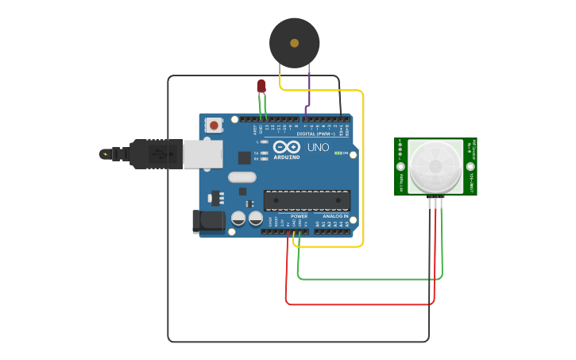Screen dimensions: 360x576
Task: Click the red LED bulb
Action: click(x=261, y=86)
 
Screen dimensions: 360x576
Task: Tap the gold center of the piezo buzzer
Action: click(x=295, y=43)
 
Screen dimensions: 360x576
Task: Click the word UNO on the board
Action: click(x=318, y=147)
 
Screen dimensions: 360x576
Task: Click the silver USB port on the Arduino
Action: click(x=203, y=154)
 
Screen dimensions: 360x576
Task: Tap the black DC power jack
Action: click(x=209, y=222)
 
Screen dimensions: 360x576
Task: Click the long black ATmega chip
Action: click(x=306, y=201)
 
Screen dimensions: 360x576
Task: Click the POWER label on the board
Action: click(x=299, y=216)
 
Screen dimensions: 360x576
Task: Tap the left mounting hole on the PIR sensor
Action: click(x=401, y=167)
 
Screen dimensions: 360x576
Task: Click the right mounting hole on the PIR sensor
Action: click(x=470, y=167)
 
